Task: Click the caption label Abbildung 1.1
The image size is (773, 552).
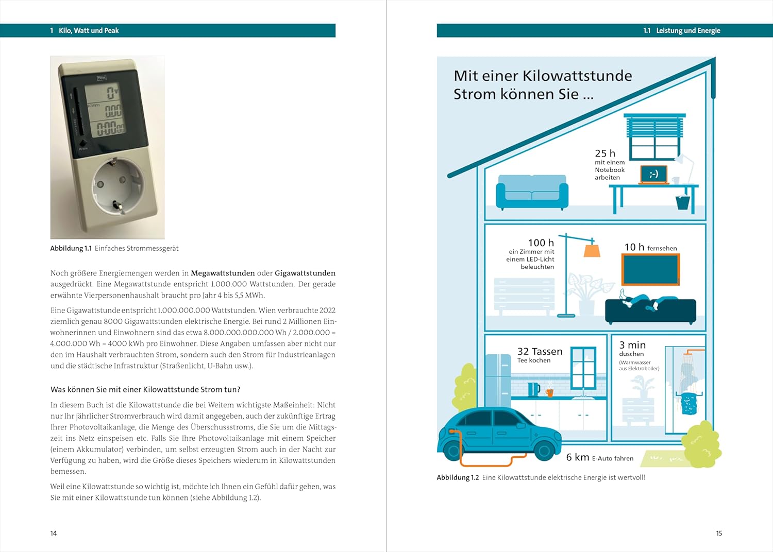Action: coord(71,248)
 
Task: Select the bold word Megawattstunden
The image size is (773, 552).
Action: coord(223,273)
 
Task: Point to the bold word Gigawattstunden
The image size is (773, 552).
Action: coord(305,273)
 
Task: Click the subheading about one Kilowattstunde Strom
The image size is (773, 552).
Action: coord(145,389)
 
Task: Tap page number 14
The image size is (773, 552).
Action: coord(54,533)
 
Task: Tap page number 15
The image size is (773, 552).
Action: coord(719,533)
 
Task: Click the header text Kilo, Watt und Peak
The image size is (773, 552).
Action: coord(89,30)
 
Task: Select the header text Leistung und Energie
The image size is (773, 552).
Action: coord(688,30)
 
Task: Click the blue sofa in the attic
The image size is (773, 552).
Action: coord(532,192)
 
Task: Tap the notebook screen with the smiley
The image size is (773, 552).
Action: coord(654,174)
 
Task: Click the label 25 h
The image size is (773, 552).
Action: coord(605,153)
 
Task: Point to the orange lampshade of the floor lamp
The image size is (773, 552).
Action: coord(592,250)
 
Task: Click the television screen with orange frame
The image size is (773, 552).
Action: coord(650,269)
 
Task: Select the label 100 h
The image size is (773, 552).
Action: coord(541,243)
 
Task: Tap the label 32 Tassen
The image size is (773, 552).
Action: coord(540,351)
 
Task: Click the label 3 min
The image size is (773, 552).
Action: coord(632,345)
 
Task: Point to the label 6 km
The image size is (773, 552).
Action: coord(578,457)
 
